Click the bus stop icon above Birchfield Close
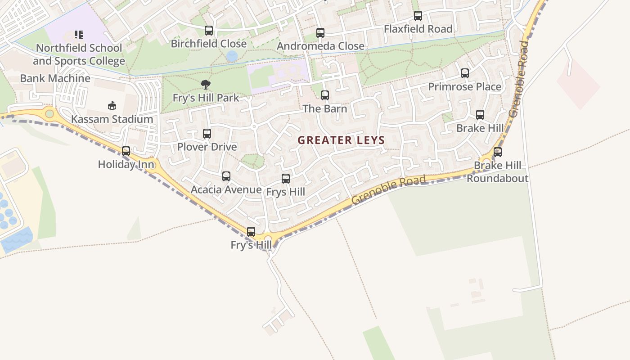click(209, 31)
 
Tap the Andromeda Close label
click(320, 46)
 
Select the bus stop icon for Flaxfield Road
click(418, 16)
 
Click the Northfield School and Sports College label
click(79, 54)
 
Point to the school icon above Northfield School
click(79, 35)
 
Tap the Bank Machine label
click(55, 78)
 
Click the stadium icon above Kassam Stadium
click(112, 106)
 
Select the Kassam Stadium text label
click(112, 119)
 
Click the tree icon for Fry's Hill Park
click(206, 84)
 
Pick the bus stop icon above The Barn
click(325, 95)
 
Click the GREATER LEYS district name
click(341, 140)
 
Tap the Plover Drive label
click(207, 147)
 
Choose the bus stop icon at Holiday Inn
click(126, 151)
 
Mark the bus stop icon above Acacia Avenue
click(226, 176)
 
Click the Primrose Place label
click(464, 86)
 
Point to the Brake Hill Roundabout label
click(497, 172)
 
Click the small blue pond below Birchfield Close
click(232, 56)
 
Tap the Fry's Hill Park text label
click(206, 98)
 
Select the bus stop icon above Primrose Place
click(465, 73)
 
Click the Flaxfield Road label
click(418, 29)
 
